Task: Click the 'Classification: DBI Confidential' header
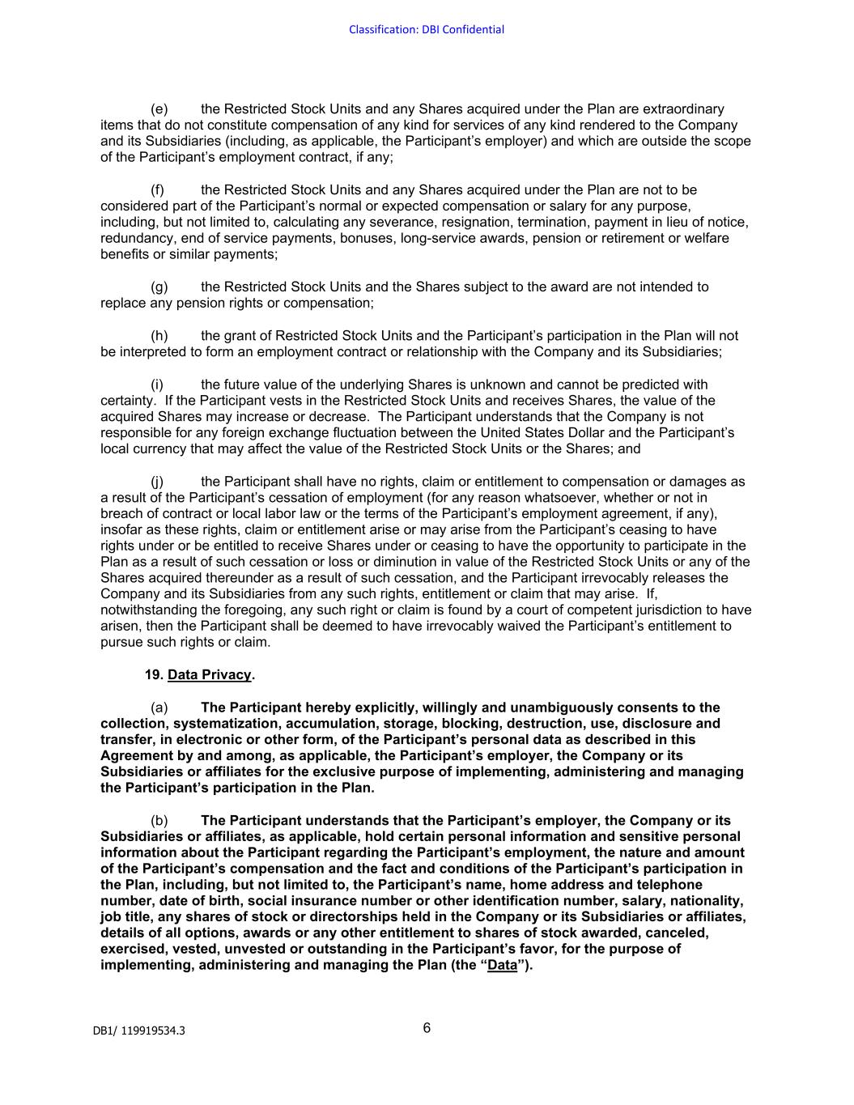click(427, 30)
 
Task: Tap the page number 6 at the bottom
click(427, 1028)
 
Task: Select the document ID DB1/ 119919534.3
click(138, 1031)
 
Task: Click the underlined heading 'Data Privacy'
click(210, 674)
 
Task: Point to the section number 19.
click(154, 674)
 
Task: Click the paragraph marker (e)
click(159, 109)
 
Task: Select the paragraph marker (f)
click(158, 190)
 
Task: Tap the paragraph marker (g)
click(159, 287)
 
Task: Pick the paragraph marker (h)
click(159, 336)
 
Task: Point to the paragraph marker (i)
click(157, 385)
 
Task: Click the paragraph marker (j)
click(157, 482)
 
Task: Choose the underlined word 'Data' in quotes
click(502, 965)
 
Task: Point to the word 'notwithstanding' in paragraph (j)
click(149, 610)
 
